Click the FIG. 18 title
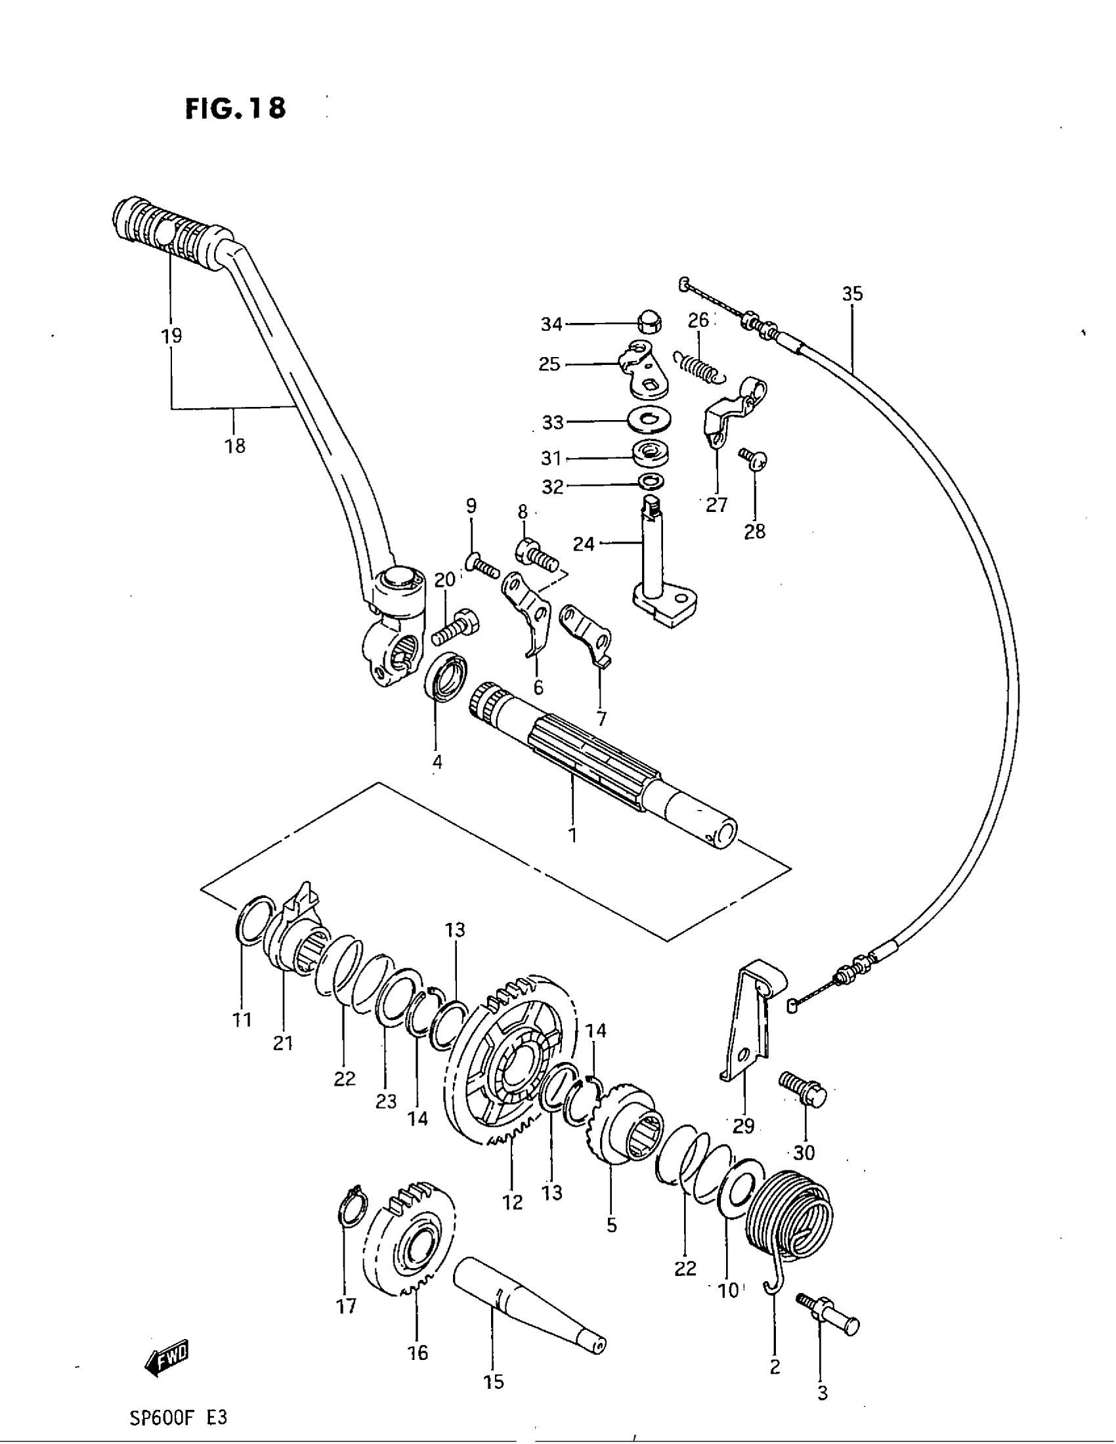pyautogui.click(x=236, y=108)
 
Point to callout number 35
pyautogui.click(x=852, y=293)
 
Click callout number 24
pyautogui.click(x=584, y=544)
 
